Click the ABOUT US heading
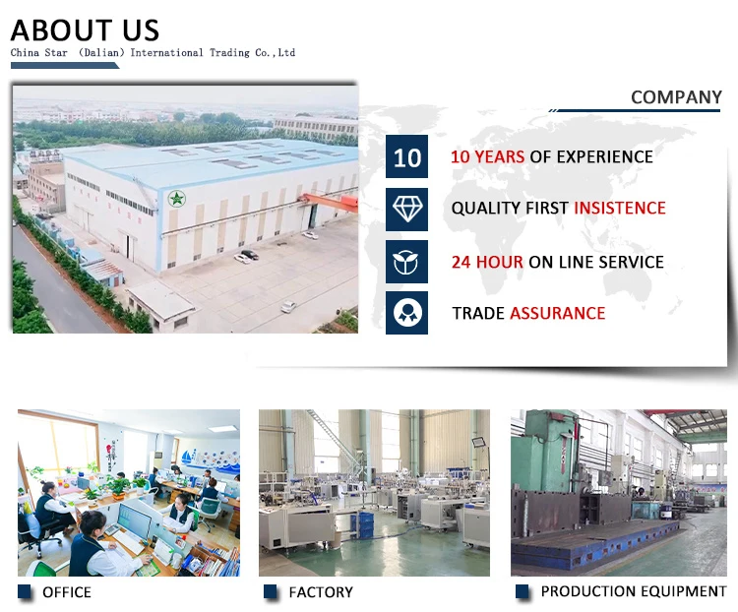click(x=85, y=31)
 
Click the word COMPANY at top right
click(x=676, y=97)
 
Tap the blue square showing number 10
click(x=406, y=156)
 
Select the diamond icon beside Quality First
click(x=406, y=210)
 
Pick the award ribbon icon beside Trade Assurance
click(x=406, y=313)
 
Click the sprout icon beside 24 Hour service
click(x=406, y=262)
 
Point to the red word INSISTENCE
click(x=620, y=208)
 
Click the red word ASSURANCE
click(x=558, y=313)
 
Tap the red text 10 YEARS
click(x=488, y=156)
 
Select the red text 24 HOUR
click(x=487, y=262)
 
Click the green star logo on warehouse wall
click(x=176, y=198)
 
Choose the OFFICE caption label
click(x=67, y=592)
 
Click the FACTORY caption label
click(x=321, y=592)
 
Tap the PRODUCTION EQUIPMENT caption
click(x=634, y=591)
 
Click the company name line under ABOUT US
click(x=153, y=52)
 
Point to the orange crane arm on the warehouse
click(x=329, y=200)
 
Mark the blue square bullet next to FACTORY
click(x=271, y=591)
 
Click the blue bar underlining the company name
click(x=65, y=66)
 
